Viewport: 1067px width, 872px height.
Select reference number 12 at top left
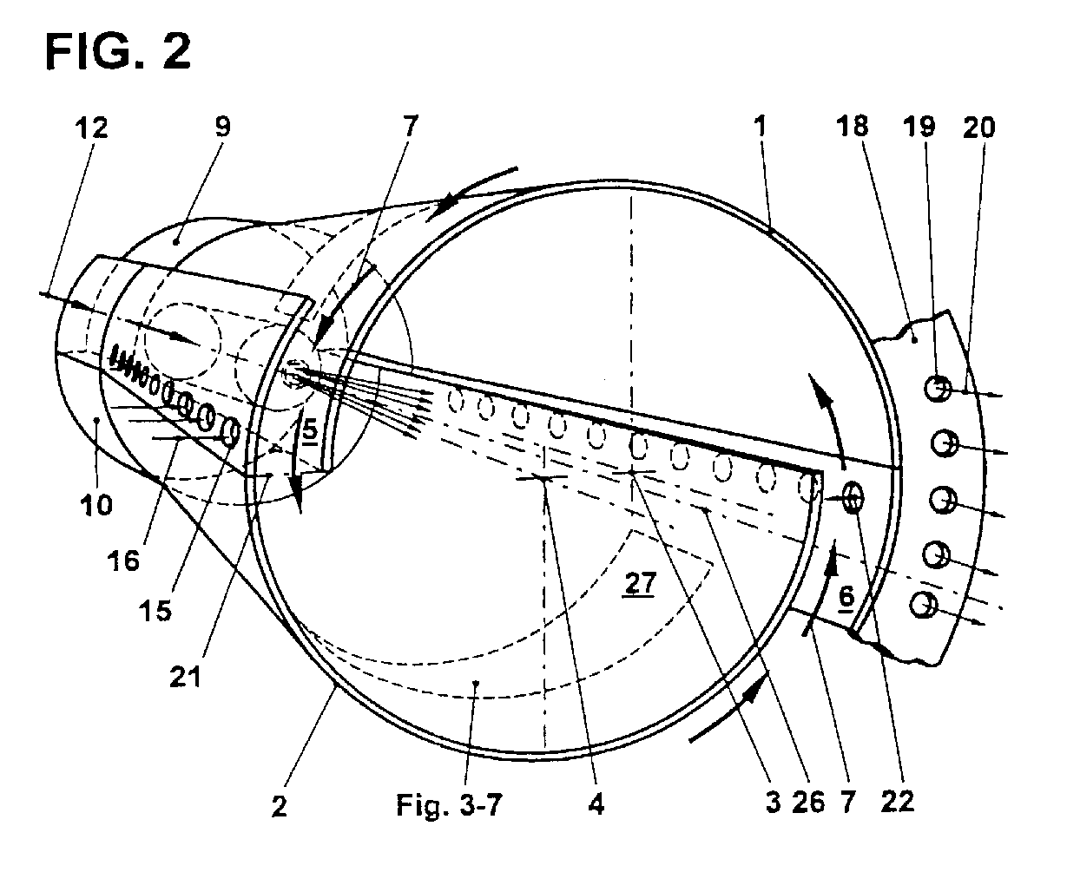(x=91, y=129)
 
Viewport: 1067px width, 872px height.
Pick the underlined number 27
(x=639, y=584)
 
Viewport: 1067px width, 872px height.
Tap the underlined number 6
(x=846, y=597)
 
